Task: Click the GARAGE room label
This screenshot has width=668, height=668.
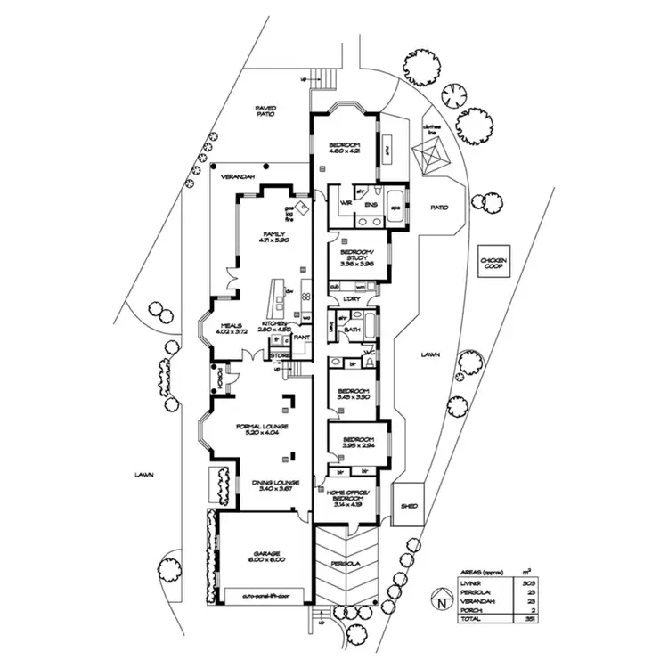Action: [x=266, y=557]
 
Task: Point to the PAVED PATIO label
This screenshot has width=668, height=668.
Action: [x=266, y=111]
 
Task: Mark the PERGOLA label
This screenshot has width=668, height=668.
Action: [x=347, y=564]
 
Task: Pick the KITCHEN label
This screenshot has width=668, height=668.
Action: [x=273, y=326]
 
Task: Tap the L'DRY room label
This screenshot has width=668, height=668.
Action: [x=350, y=298]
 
